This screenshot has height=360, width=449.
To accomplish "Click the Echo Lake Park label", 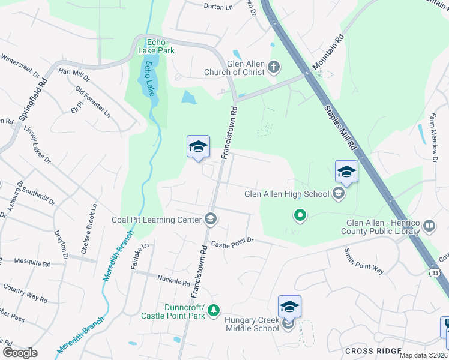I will [156, 46].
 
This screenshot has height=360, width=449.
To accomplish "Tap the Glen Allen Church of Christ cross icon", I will [274, 66].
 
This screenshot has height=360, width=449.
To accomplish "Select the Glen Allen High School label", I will [287, 194].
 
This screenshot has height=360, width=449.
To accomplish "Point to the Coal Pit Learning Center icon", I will [210, 220].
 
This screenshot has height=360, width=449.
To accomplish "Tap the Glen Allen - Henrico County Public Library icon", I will [429, 226].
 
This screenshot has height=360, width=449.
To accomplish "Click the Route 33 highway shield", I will [434, 273].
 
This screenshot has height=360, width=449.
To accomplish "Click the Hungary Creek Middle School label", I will [252, 324].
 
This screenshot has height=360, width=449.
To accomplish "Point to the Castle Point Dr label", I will [232, 242].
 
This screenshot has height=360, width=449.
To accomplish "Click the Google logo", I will [20, 352].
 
